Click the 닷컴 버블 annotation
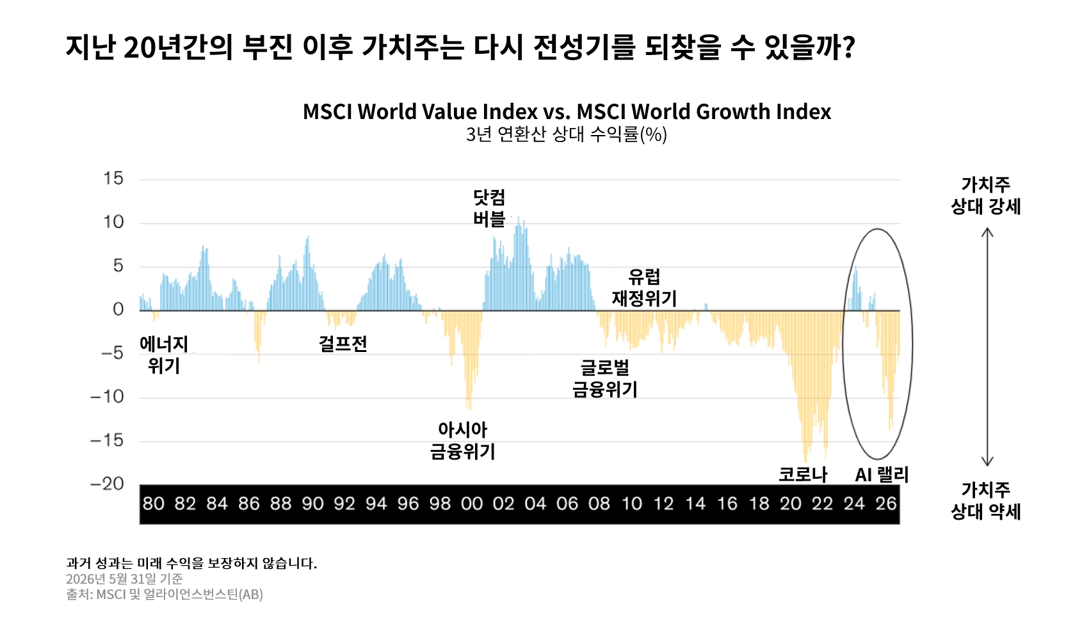(489, 208)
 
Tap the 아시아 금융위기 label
(463, 440)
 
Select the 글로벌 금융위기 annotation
(605, 378)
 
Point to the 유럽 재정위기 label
(644, 288)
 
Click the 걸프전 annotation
(343, 344)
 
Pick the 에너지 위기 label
(164, 355)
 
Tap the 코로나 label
(803, 474)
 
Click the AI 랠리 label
(882, 475)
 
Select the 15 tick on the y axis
(113, 178)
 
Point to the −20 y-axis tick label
(107, 483)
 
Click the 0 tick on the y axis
(118, 309)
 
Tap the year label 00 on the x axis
(472, 504)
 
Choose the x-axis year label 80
(154, 504)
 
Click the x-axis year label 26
(886, 504)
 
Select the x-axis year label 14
(695, 504)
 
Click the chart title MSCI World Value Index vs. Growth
(567, 111)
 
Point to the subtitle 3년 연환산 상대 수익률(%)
(567, 134)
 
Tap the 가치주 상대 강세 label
(985, 196)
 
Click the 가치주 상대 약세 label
(985, 500)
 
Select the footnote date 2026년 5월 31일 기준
(124, 579)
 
